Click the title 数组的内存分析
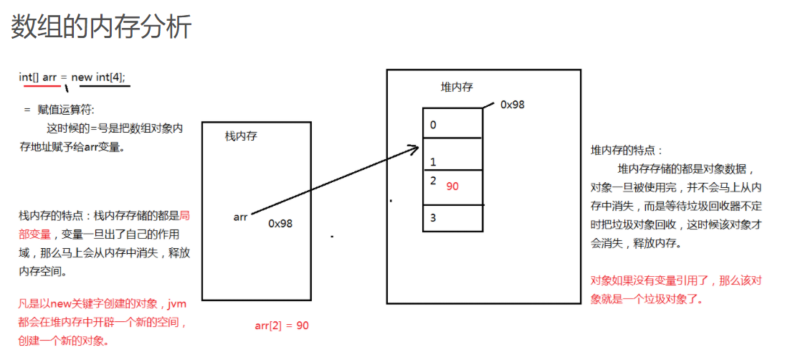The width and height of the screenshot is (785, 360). [101, 27]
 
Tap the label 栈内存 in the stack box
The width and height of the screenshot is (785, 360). [241, 136]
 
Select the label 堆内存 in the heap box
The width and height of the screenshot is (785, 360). [457, 87]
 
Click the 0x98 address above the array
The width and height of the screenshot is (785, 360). [513, 104]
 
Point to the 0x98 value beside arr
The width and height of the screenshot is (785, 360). [280, 223]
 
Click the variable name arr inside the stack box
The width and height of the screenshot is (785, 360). [240, 217]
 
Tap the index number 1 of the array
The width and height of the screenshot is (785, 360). [433, 162]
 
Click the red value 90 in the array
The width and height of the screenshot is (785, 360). [452, 186]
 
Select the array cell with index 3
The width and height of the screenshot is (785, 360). [452, 218]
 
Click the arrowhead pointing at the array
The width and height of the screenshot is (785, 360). [414, 148]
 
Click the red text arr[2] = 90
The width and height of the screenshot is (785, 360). [282, 326]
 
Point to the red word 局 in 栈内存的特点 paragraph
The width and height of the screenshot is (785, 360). [184, 214]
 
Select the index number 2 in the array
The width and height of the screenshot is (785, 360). [433, 180]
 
